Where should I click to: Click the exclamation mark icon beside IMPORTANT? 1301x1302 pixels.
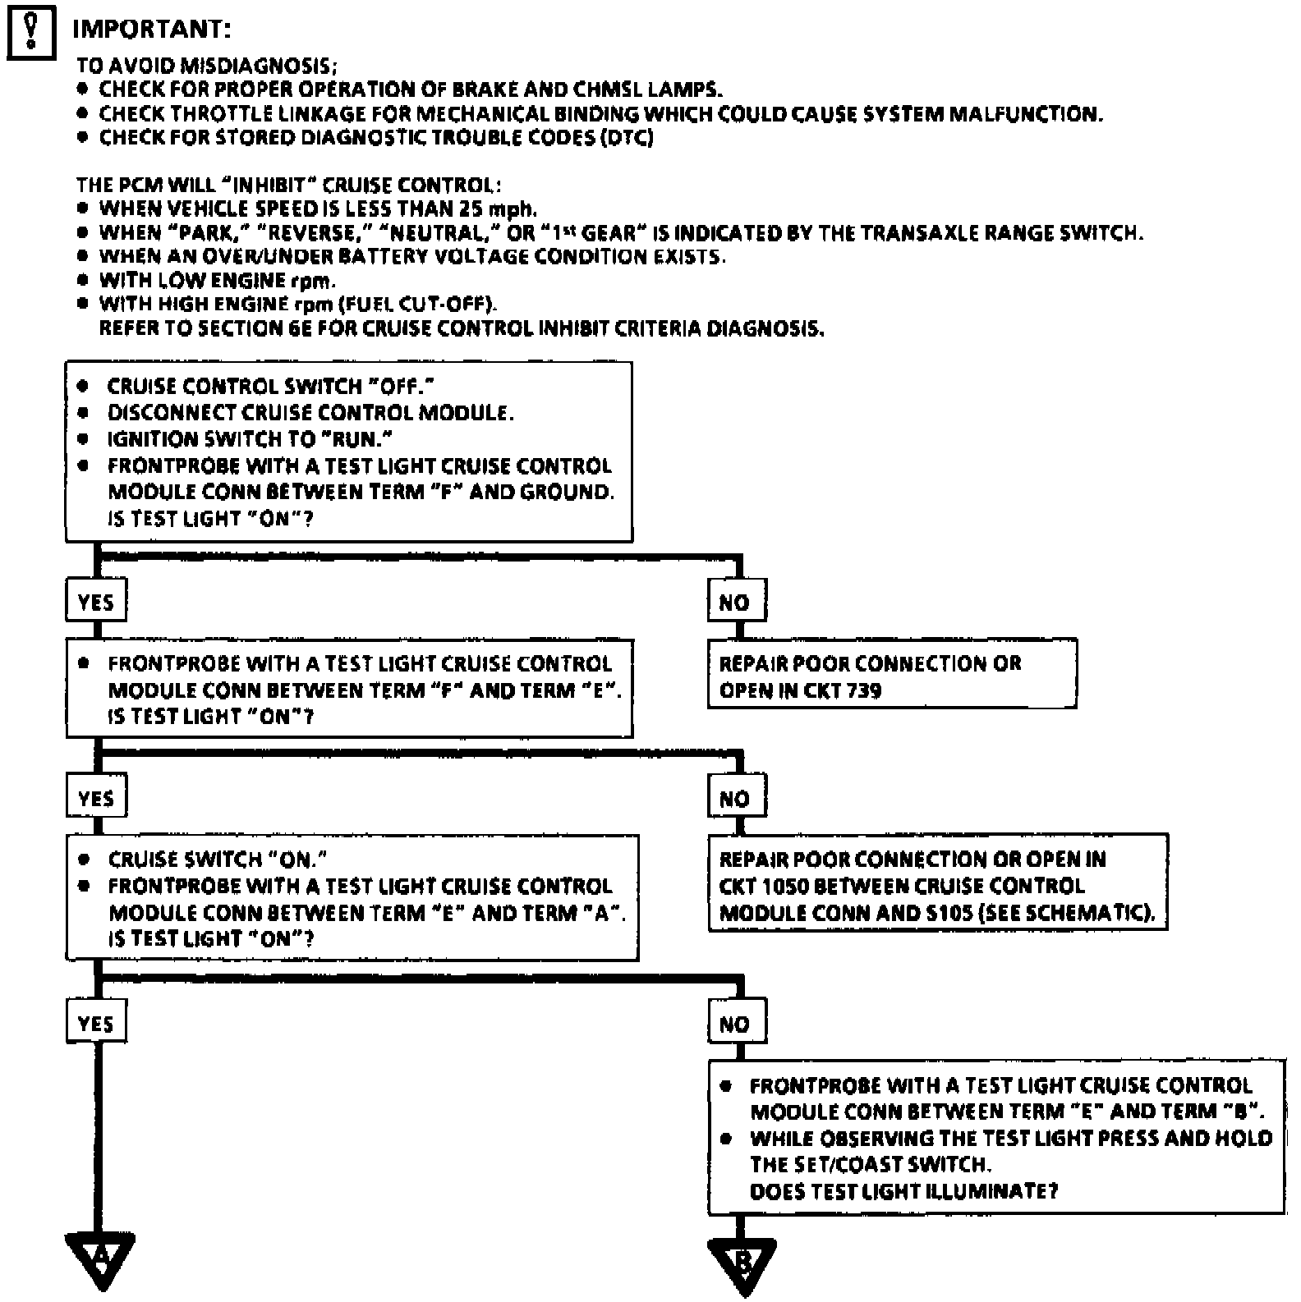[x=30, y=33]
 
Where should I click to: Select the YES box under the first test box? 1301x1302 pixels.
[x=96, y=602]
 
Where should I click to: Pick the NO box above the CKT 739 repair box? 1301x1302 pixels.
[x=736, y=602]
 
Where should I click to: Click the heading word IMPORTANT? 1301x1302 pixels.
[x=152, y=30]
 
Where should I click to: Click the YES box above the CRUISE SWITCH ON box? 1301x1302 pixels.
[x=96, y=798]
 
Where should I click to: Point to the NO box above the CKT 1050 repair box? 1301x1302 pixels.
[x=736, y=798]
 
